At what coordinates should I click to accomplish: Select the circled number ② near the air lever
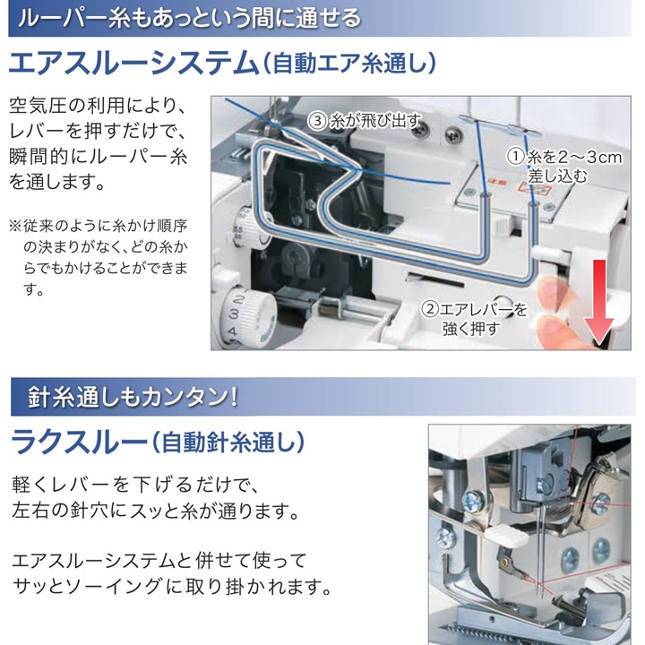click(x=431, y=309)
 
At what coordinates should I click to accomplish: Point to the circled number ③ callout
click(x=317, y=120)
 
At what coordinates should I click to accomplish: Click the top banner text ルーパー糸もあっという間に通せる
click(x=190, y=18)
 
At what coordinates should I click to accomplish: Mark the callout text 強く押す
click(x=470, y=329)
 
